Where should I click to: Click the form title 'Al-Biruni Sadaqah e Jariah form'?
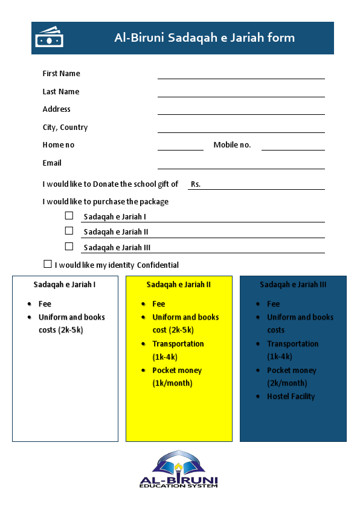pyautogui.click(x=204, y=37)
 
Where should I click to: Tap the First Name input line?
pyautogui.click(x=241, y=76)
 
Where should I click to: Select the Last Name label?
pyautogui.click(x=61, y=92)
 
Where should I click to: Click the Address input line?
pyautogui.click(x=241, y=112)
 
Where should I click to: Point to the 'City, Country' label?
pyautogui.click(x=65, y=128)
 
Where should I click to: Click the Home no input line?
pyautogui.click(x=180, y=148)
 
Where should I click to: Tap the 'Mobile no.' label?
pyautogui.click(x=232, y=145)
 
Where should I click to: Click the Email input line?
pyautogui.click(x=241, y=166)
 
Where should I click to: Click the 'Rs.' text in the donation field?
pyautogui.click(x=196, y=184)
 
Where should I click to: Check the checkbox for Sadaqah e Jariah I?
pyautogui.click(x=69, y=215)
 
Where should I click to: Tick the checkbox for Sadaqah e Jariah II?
pyautogui.click(x=69, y=231)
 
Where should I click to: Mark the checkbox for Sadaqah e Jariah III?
pyautogui.click(x=69, y=246)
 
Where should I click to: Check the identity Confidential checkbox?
pyautogui.click(x=48, y=264)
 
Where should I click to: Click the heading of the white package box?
pyautogui.click(x=65, y=284)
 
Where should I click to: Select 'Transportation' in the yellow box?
pyautogui.click(x=178, y=344)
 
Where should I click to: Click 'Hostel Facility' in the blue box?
pyautogui.click(x=292, y=397)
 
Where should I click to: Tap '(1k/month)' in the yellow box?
pyautogui.click(x=172, y=383)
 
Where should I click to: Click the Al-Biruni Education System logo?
pyautogui.click(x=179, y=470)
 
